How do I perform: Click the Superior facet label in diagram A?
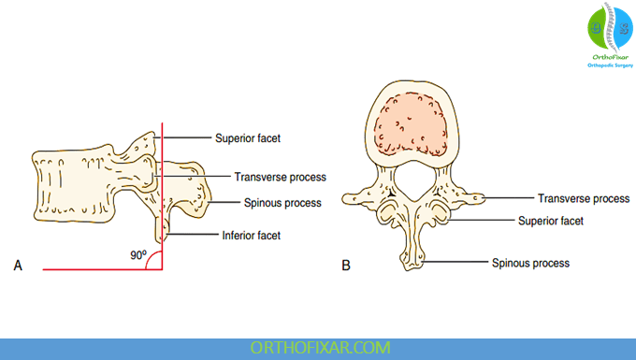248,137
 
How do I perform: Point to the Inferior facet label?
252,236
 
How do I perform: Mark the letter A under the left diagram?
18,266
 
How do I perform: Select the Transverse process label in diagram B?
583,198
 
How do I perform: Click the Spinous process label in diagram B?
530,263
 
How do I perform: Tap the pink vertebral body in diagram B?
414,125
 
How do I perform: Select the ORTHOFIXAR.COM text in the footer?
318,348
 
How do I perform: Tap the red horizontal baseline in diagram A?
84,268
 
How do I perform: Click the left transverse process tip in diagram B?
350,197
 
